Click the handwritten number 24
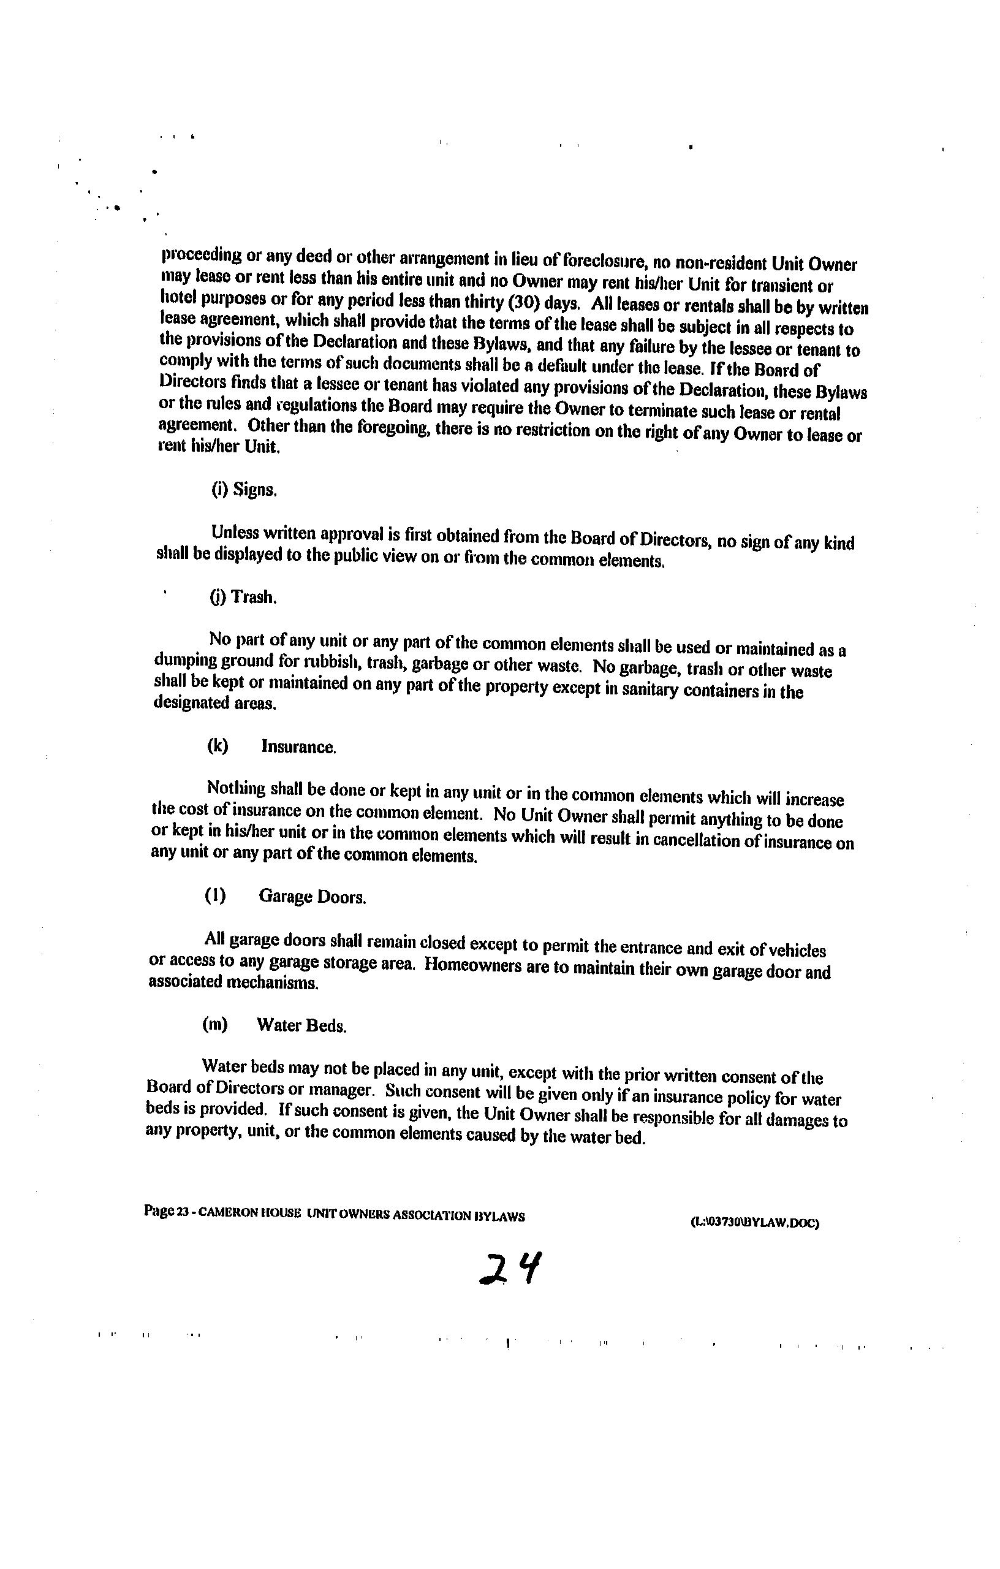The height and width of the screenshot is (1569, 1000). [x=510, y=1269]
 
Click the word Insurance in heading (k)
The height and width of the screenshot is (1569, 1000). [x=298, y=747]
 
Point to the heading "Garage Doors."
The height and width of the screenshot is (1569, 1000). [x=312, y=897]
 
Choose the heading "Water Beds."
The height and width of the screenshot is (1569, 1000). [x=301, y=1025]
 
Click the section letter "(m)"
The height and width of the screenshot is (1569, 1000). [x=215, y=1025]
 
